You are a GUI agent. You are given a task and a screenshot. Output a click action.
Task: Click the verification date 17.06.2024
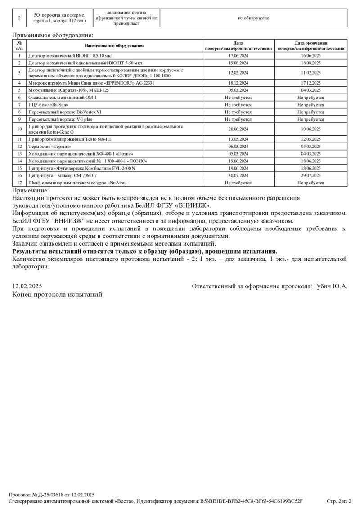(238, 56)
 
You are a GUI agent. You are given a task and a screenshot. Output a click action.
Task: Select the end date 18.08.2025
(310, 63)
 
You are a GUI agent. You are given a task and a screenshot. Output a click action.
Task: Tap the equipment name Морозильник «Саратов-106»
(69, 90)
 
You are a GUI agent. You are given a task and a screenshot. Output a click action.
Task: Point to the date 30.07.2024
(238, 175)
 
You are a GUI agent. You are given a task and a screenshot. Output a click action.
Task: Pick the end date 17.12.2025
(310, 83)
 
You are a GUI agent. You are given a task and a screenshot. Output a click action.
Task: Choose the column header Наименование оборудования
(114, 45)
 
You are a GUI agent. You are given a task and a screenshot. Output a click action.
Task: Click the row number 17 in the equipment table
(19, 183)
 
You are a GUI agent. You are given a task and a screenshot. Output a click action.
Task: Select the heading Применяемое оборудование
(53, 35)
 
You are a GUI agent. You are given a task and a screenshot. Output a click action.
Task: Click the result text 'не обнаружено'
(253, 18)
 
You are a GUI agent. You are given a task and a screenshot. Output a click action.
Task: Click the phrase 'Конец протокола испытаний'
(58, 294)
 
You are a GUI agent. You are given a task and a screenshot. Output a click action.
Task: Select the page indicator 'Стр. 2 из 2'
(338, 500)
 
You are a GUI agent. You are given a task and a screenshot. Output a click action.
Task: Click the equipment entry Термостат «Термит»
(50, 146)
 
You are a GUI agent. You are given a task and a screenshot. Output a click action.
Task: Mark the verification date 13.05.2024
(238, 139)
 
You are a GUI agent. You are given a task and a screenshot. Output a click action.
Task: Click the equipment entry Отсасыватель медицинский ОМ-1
(63, 97)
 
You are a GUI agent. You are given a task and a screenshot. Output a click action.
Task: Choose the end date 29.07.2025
(310, 175)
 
